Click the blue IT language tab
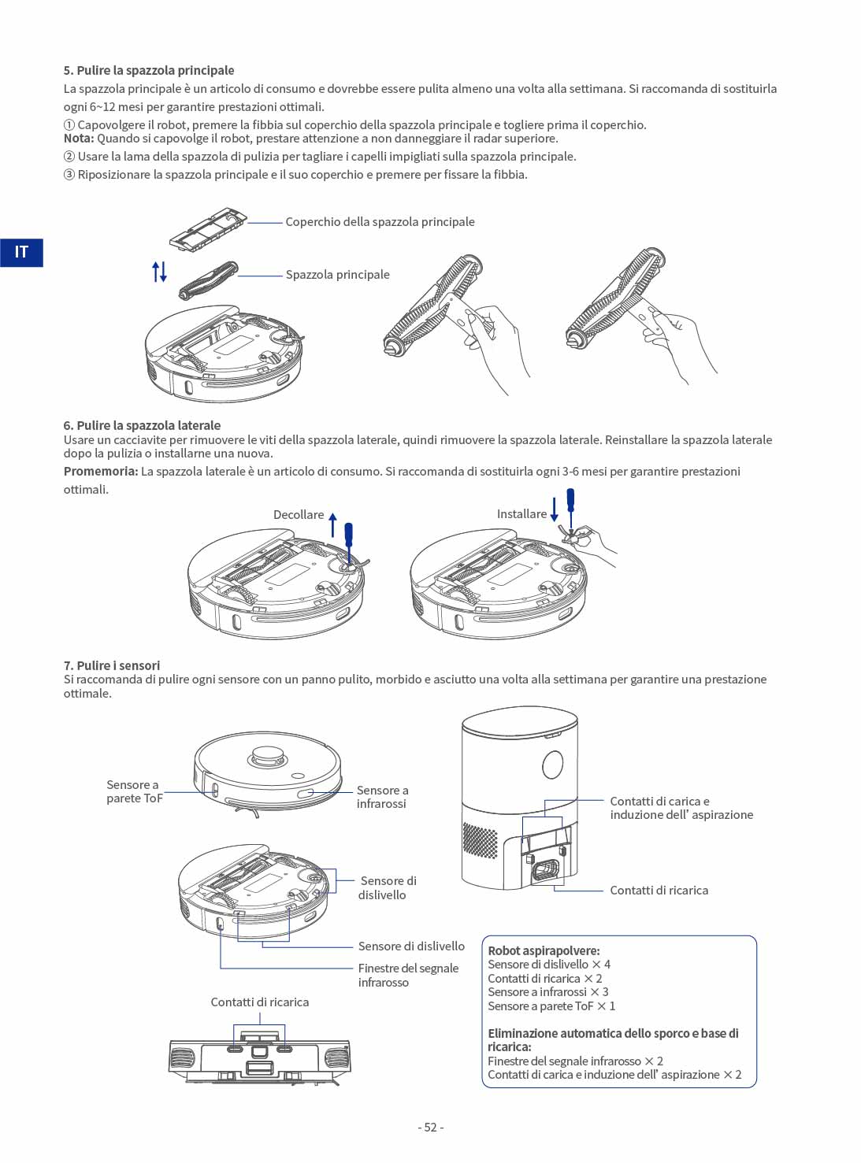pyautogui.click(x=21, y=252)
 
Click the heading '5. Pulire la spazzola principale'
pyautogui.click(x=149, y=70)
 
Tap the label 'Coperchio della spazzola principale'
pyautogui.click(x=380, y=222)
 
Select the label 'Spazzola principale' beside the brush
pyautogui.click(x=337, y=274)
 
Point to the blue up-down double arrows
pyautogui.click(x=159, y=272)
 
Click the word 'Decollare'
pyautogui.click(x=299, y=514)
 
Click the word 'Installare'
pyautogui.click(x=521, y=514)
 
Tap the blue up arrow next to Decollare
pyautogui.click(x=332, y=525)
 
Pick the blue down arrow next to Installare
pyautogui.click(x=554, y=509)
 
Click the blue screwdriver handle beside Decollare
pyautogui.click(x=348, y=535)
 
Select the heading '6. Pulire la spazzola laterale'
pyautogui.click(x=143, y=425)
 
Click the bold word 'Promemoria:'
pyautogui.click(x=101, y=471)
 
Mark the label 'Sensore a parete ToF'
pyautogui.click(x=135, y=791)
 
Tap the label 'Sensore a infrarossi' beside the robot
pyautogui.click(x=383, y=797)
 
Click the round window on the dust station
pyautogui.click(x=552, y=765)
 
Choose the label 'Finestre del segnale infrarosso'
pyautogui.click(x=408, y=975)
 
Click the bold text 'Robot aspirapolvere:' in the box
pyautogui.click(x=544, y=950)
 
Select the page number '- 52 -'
pyautogui.click(x=431, y=1128)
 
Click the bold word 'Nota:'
pyautogui.click(x=79, y=139)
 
